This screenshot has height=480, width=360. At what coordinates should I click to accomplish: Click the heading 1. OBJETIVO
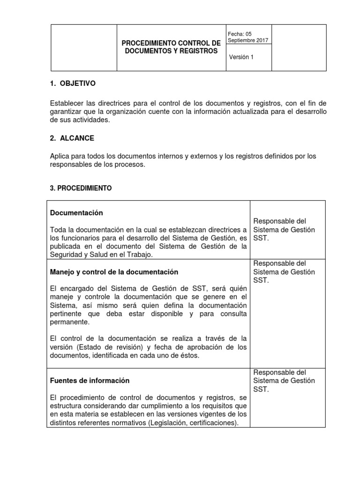tap(72, 83)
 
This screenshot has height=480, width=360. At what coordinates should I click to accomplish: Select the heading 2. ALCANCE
tap(72, 138)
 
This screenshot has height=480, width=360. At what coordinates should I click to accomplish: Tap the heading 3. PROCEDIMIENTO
tap(81, 188)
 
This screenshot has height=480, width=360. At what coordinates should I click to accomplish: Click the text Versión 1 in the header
tap(240, 57)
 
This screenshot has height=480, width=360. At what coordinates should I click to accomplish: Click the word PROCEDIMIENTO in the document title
tap(150, 43)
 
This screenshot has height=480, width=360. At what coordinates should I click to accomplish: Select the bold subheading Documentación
tap(76, 213)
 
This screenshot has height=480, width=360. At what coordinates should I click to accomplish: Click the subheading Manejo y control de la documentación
tap(114, 272)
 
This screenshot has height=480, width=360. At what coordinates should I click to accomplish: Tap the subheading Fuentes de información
tap(90, 381)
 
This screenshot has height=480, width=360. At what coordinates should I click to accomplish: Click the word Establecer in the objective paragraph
tap(66, 103)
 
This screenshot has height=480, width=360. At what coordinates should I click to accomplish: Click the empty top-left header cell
tap(82, 47)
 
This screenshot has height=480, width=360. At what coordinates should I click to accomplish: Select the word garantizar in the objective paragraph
tap(67, 111)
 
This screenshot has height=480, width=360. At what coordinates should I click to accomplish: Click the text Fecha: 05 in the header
tap(240, 34)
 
